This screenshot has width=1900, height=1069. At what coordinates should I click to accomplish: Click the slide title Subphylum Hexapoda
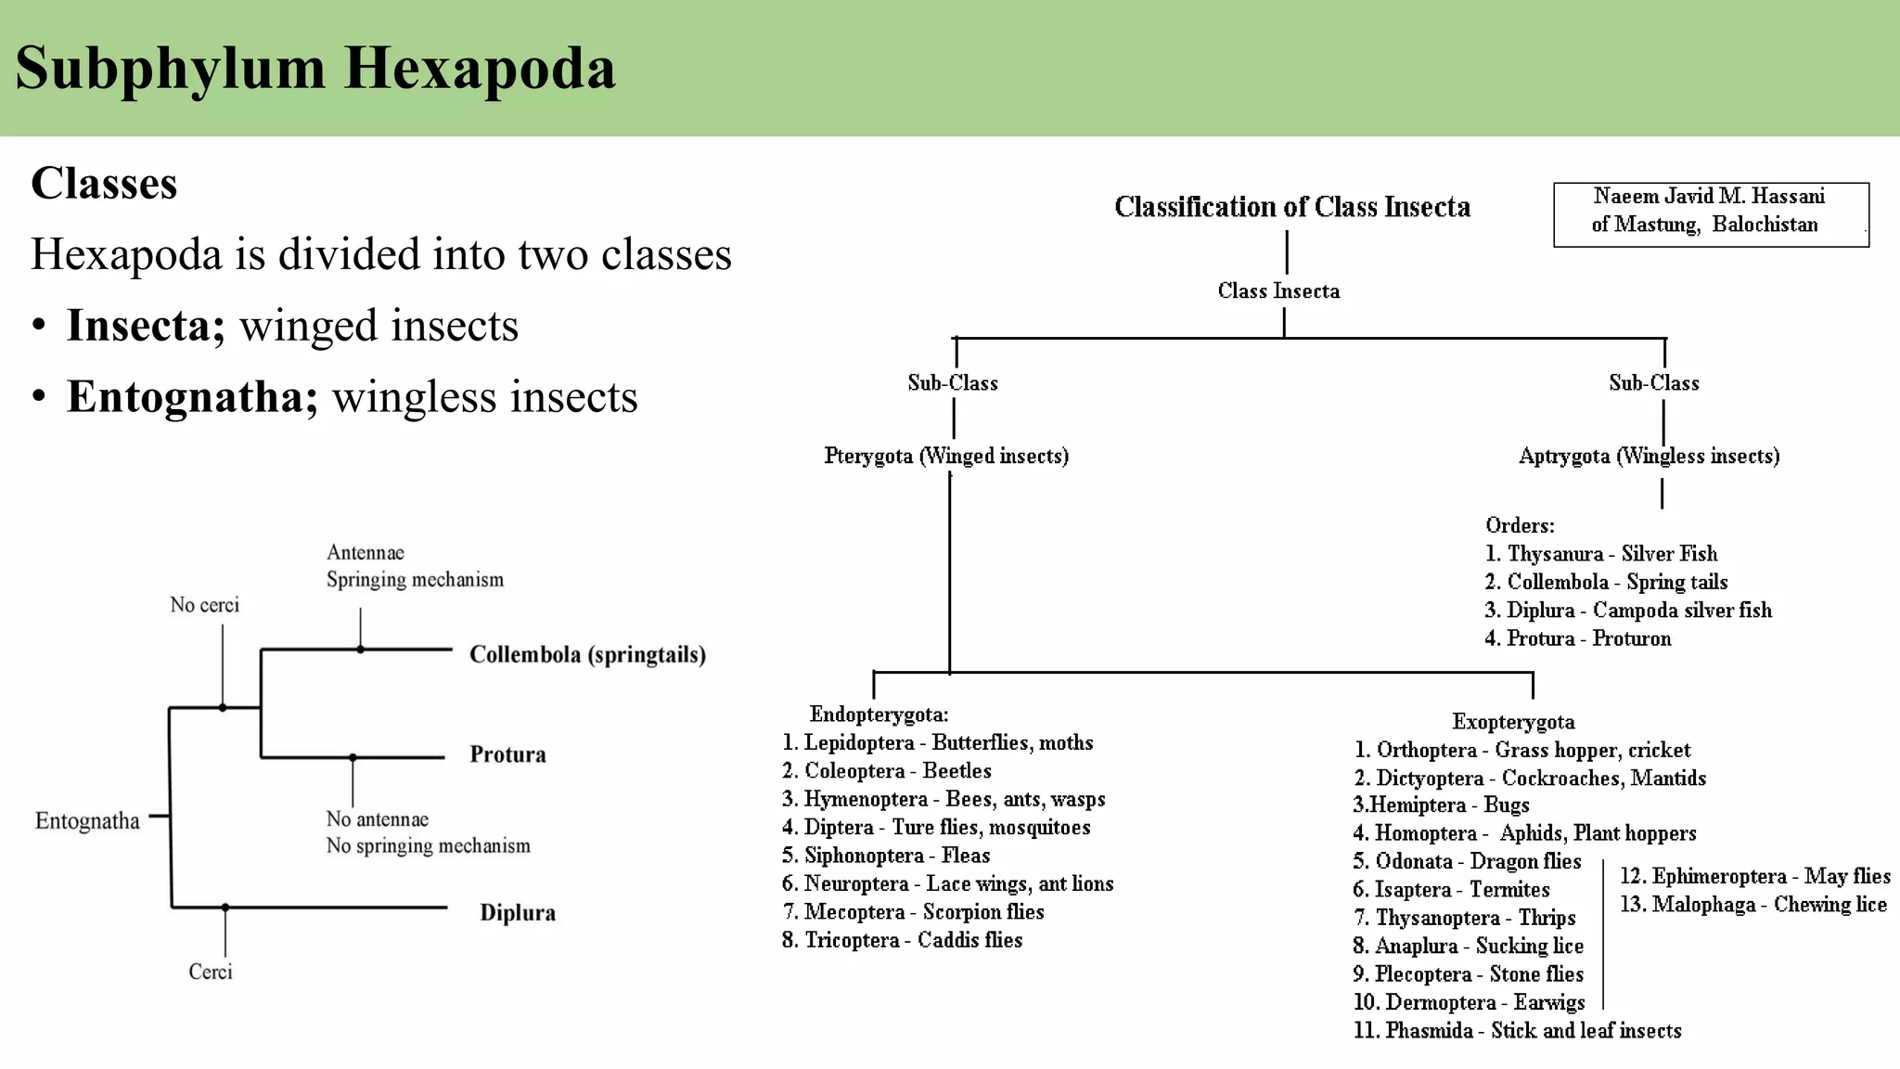(315, 69)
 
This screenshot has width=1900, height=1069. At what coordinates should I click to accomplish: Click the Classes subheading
(104, 184)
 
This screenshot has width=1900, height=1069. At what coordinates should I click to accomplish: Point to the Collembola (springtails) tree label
(587, 655)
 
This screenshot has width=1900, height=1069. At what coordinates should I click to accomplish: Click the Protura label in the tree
(507, 754)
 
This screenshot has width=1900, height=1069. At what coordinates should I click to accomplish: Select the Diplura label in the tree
(518, 913)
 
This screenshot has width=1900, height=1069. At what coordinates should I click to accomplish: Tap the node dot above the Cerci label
(225, 908)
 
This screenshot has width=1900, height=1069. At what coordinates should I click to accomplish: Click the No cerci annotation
(204, 605)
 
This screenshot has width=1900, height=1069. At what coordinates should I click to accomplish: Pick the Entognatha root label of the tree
(87, 821)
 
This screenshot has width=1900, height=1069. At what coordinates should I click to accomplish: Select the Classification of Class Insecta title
(1291, 207)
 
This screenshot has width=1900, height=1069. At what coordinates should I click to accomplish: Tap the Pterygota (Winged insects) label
(946, 456)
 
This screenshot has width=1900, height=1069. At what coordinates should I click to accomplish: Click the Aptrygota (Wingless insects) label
(1649, 456)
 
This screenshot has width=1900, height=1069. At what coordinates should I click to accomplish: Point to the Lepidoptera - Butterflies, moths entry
(938, 742)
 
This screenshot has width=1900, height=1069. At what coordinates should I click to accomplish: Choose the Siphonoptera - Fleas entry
(886, 856)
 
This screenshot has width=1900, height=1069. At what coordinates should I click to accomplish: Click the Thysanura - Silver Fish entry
(1601, 554)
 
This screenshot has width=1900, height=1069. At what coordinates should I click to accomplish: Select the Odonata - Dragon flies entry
(1467, 861)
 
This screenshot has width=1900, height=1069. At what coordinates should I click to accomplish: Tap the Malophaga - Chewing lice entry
(1753, 905)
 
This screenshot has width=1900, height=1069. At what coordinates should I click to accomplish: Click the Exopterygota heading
(1513, 722)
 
